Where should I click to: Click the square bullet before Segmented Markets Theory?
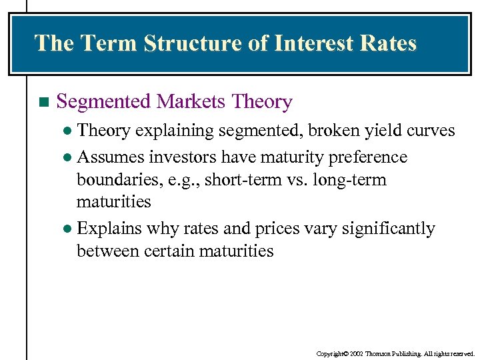(x=44, y=103)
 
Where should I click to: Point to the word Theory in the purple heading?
(x=261, y=102)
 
